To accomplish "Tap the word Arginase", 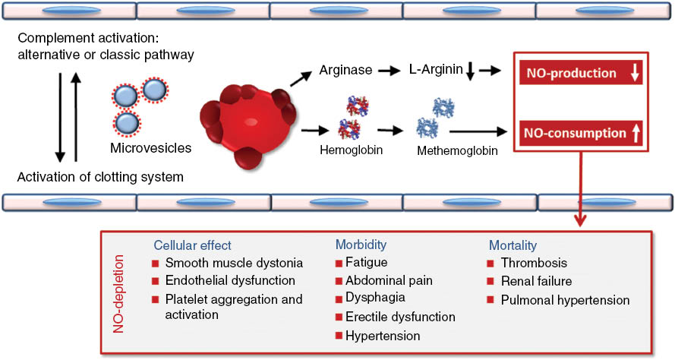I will point(345,70).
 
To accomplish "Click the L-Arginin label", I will point(435,70).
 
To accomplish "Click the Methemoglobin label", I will point(456,151).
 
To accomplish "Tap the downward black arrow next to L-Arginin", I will point(470,71).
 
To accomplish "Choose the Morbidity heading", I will point(361,245).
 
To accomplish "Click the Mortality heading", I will point(513,245).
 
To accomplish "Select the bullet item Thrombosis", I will point(534,264).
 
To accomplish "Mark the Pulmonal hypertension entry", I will point(565,300).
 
